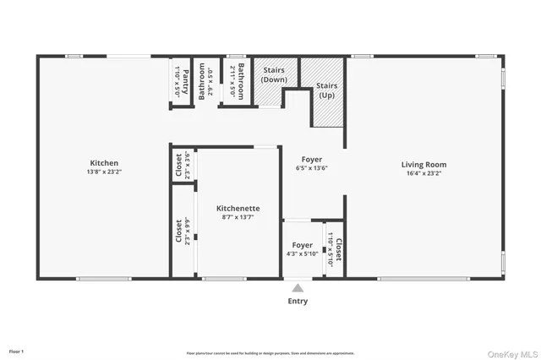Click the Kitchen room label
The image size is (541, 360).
point(104,163)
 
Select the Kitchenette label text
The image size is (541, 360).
point(238,208)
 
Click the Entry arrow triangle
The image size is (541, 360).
point(298,288)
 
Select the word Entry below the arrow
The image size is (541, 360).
point(298,301)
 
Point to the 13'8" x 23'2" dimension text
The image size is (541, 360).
point(104,172)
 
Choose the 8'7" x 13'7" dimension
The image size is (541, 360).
point(238,217)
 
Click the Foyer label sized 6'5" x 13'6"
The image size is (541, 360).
point(312,159)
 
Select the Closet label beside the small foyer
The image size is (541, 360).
point(339,249)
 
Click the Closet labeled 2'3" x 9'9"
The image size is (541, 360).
point(179,232)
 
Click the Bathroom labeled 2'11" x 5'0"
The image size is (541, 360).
point(241,81)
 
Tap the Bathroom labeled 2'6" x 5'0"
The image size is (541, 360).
point(202,82)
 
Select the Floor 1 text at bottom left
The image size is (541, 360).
point(17,351)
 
